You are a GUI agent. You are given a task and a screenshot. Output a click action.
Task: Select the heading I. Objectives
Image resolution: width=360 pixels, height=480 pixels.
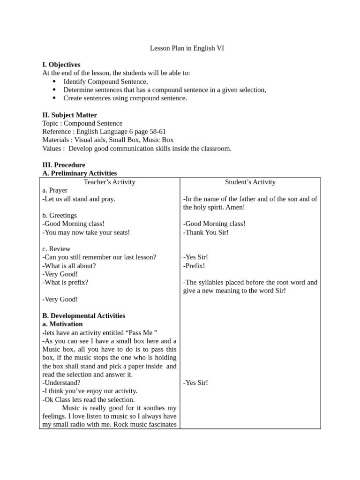click(61, 65)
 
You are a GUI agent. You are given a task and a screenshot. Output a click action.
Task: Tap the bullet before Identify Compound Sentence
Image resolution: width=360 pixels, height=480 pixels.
click(54, 82)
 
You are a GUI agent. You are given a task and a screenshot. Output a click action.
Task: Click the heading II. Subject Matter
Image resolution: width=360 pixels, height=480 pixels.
click(69, 115)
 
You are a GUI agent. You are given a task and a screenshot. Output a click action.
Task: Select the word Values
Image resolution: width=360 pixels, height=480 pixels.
click(52, 149)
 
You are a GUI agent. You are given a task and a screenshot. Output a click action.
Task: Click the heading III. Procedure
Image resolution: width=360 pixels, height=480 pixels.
click(64, 165)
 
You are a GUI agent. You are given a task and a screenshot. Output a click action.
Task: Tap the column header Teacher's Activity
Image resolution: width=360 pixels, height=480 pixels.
click(109, 182)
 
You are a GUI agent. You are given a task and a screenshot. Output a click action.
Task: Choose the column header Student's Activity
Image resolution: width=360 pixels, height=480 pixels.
click(250, 182)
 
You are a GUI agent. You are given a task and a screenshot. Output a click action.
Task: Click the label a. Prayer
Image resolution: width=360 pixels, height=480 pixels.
click(55, 190)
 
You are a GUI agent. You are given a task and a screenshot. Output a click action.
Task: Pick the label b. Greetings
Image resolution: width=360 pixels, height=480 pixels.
click(60, 216)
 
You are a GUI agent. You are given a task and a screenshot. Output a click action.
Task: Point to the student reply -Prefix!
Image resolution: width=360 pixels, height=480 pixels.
click(194, 266)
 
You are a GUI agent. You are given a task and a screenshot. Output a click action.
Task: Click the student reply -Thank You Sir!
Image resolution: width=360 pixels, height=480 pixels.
click(206, 232)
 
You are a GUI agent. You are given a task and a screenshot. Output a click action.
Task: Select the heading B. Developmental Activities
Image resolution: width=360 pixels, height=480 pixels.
click(83, 316)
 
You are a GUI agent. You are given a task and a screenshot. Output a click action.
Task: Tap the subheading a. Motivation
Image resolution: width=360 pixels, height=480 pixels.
click(62, 324)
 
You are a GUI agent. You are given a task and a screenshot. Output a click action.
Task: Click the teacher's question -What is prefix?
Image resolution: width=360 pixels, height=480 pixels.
click(65, 283)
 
